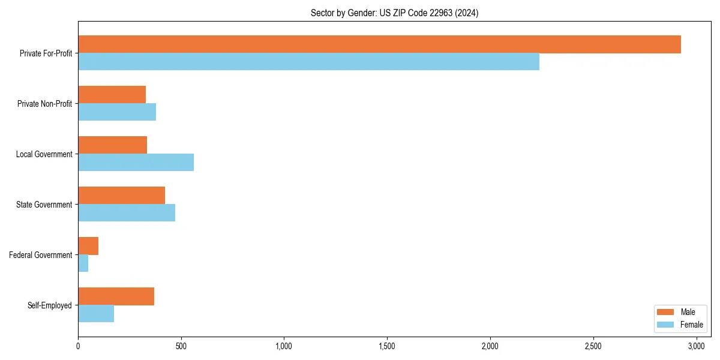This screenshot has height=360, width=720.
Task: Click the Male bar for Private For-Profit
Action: pos(379,44)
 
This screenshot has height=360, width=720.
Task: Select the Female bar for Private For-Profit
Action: pos(308,62)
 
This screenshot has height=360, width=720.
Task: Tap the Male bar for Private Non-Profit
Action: pos(112,95)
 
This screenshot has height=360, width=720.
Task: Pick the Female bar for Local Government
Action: pos(136,163)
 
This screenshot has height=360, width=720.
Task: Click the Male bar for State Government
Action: pos(121,196)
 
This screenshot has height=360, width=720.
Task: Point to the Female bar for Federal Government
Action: pos(83,263)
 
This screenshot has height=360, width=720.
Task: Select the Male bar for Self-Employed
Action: pos(116,296)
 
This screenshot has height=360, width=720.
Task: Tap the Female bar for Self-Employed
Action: pos(96,314)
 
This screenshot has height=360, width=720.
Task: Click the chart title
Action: pos(394,13)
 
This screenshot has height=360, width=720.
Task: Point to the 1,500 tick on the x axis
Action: pos(387,346)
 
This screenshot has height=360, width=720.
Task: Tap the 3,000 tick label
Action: pos(696,346)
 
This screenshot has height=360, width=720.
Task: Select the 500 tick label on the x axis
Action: pos(181,346)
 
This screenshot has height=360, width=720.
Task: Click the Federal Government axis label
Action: pos(41,255)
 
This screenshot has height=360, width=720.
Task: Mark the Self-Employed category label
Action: pos(50,305)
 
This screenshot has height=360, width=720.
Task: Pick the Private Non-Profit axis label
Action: pos(45,104)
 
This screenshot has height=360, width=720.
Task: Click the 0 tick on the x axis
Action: pos(78,346)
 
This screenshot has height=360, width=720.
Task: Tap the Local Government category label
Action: pos(44,154)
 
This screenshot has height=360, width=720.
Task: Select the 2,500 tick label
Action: pos(593,346)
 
